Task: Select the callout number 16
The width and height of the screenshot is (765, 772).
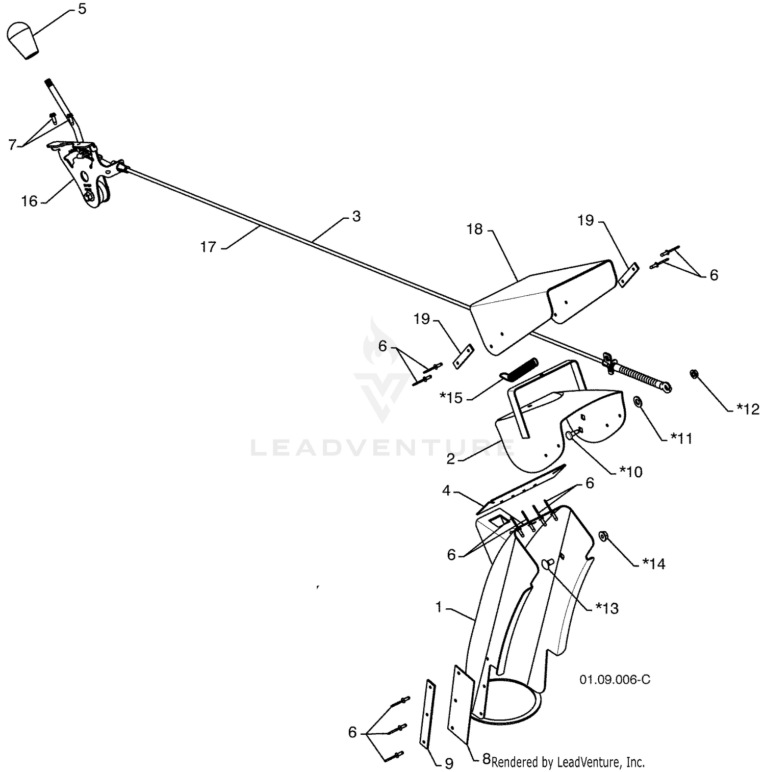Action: [x=30, y=201]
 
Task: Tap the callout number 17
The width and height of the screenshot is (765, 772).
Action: [x=209, y=247]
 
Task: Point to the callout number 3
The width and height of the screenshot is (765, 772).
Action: [x=356, y=216]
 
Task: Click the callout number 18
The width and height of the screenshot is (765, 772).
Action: [x=474, y=229]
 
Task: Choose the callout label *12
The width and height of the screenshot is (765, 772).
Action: [x=748, y=409]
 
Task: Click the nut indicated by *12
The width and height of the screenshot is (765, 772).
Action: [x=694, y=374]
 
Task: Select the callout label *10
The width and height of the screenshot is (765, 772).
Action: [x=630, y=472]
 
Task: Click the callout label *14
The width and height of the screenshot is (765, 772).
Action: [x=654, y=563]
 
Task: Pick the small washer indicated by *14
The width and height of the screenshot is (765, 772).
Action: [x=603, y=536]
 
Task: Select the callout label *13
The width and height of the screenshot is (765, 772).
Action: [x=607, y=608]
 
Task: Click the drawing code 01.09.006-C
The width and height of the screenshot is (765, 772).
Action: [x=615, y=680]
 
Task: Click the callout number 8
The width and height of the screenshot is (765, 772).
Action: [x=486, y=759]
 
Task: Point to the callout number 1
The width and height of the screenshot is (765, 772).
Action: [x=439, y=608]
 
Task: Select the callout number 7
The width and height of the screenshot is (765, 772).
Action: [x=12, y=144]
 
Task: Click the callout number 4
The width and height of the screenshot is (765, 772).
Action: [x=447, y=491]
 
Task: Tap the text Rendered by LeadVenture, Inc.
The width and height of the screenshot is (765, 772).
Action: [x=568, y=762]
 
